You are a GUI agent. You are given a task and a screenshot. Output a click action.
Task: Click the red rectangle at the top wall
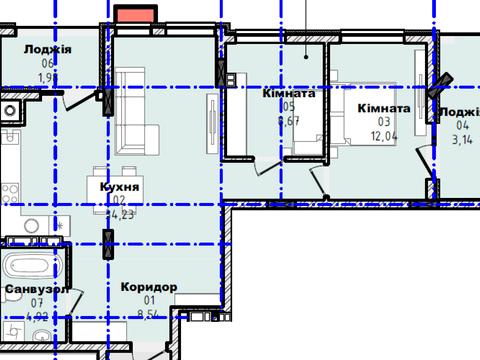pyautogui.click(x=134, y=13)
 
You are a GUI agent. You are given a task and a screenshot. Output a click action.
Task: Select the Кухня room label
pyautogui.click(x=118, y=187)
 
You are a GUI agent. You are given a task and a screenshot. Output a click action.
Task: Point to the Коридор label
pyautogui.click(x=148, y=287)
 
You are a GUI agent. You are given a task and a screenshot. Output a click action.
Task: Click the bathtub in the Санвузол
pyautogui.click(x=29, y=267)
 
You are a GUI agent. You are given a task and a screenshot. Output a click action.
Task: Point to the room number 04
pyautogui.click(x=460, y=126)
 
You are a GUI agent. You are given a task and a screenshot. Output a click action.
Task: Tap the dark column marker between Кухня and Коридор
pyautogui.click(x=107, y=242)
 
